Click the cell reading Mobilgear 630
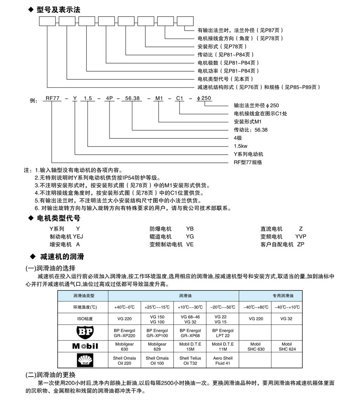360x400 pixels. [124, 346]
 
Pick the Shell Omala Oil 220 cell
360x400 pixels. [124, 360]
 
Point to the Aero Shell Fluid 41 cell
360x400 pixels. [222, 360]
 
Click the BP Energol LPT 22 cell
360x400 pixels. [222, 333]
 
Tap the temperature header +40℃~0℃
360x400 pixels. [124, 307]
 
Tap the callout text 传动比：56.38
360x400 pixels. [251, 130]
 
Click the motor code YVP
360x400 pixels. [301, 236]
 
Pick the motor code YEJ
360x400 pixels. [78, 236]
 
